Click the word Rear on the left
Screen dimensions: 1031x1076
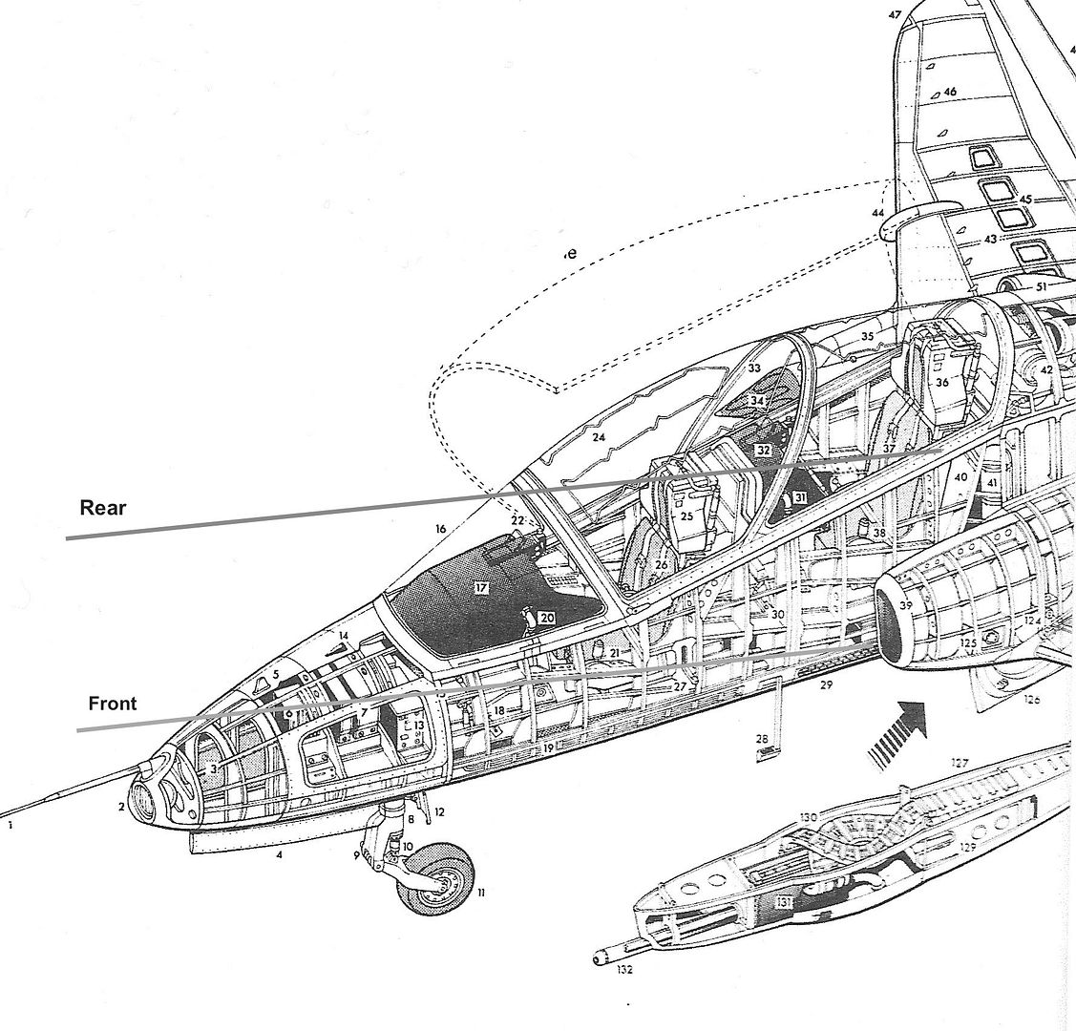(102, 507)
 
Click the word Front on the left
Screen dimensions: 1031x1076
(113, 704)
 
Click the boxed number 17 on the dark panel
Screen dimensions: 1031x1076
(481, 589)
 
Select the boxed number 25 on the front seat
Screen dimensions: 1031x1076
(686, 515)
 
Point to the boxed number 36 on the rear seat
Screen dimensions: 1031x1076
(941, 382)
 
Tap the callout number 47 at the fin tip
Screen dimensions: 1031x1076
(895, 14)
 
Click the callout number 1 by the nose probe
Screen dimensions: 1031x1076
(11, 828)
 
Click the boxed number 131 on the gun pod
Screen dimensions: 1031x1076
(784, 899)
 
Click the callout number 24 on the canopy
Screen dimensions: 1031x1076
(599, 438)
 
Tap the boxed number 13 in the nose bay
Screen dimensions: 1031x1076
(418, 726)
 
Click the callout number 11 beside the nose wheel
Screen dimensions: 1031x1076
(481, 893)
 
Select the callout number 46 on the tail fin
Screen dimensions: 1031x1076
(949, 92)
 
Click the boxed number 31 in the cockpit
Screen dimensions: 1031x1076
(799, 497)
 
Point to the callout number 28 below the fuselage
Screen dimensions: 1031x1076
(762, 739)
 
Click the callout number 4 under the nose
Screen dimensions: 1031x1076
(279, 855)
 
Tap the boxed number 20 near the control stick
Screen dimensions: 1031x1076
(546, 618)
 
